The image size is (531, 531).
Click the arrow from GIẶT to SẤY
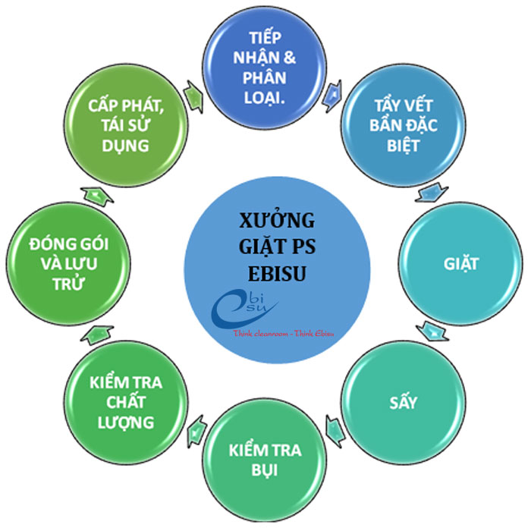(x=432, y=332)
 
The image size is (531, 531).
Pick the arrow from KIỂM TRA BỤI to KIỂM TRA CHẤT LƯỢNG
(x=195, y=431)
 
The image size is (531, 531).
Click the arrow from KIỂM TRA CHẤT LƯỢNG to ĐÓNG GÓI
(x=96, y=331)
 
